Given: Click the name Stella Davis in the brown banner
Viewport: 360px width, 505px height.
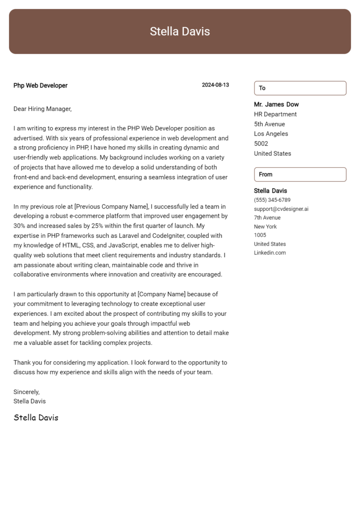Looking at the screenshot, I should pos(180,31).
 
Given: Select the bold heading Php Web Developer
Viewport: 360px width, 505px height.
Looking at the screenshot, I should pos(40,85).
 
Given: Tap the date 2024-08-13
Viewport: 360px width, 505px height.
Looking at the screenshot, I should pos(215,85).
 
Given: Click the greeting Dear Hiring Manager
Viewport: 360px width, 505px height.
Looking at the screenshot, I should pos(42,109).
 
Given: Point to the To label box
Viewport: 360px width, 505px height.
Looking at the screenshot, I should pos(300,88).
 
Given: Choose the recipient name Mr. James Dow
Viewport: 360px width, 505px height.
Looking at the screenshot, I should pos(276,104).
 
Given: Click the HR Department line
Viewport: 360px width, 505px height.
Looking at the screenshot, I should pos(275,114).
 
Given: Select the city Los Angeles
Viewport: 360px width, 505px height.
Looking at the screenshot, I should pos(271,134).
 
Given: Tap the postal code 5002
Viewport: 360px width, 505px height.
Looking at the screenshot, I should pos(261,144).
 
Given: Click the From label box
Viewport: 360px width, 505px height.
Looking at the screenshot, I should pos(300,174).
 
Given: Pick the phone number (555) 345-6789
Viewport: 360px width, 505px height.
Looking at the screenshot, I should pos(272,200).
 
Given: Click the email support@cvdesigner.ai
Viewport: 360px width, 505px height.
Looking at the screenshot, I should pos(281,209).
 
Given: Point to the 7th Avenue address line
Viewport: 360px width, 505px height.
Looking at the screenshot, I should pos(267,218).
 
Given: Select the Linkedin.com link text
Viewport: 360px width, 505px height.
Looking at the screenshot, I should pos(270,253).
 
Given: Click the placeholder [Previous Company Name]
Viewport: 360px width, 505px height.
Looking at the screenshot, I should pos(111,206).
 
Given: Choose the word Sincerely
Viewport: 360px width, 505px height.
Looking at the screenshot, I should pos(26,392).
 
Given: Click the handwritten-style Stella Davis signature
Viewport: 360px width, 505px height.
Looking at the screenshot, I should pos(36,417).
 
